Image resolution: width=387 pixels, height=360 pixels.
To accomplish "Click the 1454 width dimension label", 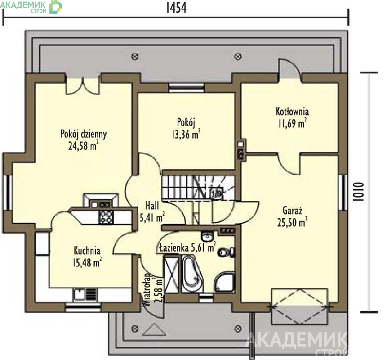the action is pos(176,8).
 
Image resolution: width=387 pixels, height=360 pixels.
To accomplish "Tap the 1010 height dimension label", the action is pos(358,192).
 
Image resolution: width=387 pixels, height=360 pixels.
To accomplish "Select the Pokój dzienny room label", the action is pos(84,134).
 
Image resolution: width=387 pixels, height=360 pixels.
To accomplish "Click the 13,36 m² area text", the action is pos(186,134).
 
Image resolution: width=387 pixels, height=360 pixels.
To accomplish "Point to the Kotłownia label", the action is pos(292,111).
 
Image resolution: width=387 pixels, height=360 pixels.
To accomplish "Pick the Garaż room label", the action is pos(292,211).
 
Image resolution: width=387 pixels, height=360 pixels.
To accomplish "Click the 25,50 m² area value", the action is pos(292,222).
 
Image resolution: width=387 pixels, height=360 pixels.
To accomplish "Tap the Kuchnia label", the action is pos(87,251).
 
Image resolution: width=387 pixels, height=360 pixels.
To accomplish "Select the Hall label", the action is pos(152,206).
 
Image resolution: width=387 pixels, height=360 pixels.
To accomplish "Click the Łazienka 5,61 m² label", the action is pos(187,247).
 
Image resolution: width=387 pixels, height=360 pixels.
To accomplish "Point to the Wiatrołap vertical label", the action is pos(147,290).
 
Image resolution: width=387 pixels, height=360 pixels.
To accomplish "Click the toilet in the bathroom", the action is pos(227,252).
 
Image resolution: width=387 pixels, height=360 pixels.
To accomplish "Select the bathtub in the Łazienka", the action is pos(192,274).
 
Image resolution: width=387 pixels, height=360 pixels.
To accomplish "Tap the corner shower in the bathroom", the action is pos(224,283).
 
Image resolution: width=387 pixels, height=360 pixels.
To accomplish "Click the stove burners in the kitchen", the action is pos(107,217).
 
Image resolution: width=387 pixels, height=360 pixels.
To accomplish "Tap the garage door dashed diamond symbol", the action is pos(300,306).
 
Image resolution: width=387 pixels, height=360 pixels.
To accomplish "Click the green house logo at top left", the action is pos(56,7).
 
